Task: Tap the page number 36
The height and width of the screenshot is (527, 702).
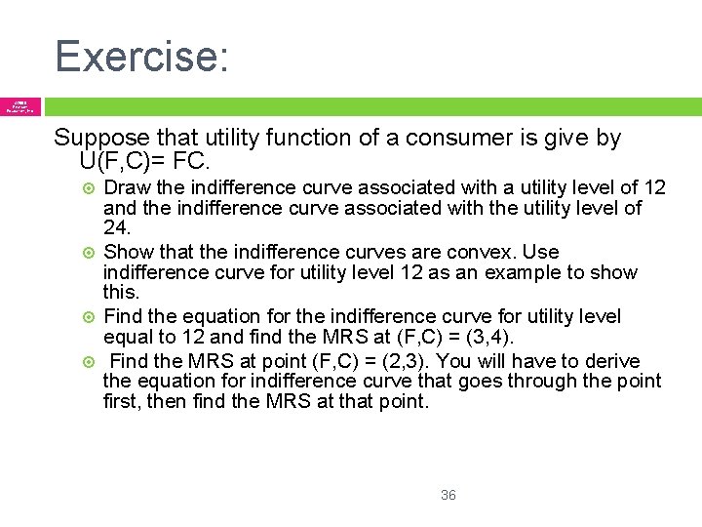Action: tap(448, 495)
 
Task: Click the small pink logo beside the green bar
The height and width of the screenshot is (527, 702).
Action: tap(20, 106)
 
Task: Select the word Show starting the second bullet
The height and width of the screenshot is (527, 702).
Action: tap(126, 252)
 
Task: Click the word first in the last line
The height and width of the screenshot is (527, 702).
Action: tap(121, 400)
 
